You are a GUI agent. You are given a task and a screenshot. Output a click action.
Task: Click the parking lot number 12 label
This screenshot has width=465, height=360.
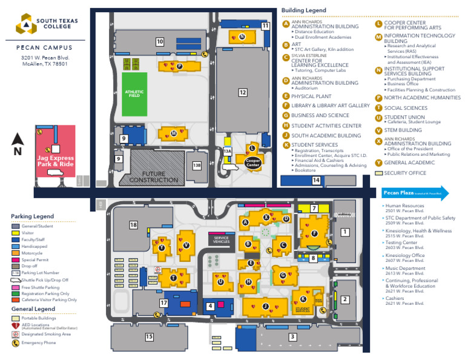tap(242, 93)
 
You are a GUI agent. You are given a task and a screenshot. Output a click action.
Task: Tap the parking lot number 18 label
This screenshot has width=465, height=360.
tap(133, 225)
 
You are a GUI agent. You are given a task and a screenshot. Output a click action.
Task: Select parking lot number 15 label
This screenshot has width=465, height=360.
tap(149, 336)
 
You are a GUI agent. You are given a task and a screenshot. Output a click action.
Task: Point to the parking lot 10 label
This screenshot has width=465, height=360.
tap(160, 42)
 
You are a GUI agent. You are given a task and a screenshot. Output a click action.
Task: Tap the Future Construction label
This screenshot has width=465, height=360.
tap(154, 176)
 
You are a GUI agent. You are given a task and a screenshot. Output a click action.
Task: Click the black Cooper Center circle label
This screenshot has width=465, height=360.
tap(252, 162)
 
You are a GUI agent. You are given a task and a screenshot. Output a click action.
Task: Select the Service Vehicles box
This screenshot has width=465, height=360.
tap(222, 239)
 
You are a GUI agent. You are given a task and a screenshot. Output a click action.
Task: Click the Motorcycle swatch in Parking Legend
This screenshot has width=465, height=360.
tap(16, 253)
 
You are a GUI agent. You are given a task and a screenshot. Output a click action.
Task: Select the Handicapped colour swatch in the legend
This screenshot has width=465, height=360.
tap(16, 246)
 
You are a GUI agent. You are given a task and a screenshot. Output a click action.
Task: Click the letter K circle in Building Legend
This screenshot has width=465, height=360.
tap(286, 145)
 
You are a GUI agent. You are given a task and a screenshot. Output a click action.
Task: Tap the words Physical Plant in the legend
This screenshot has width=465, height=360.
tap(312, 96)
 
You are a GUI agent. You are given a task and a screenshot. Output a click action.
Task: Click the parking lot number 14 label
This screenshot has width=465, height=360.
tap(316, 181)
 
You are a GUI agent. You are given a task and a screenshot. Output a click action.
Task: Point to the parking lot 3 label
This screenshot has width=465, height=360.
tap(292, 337)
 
